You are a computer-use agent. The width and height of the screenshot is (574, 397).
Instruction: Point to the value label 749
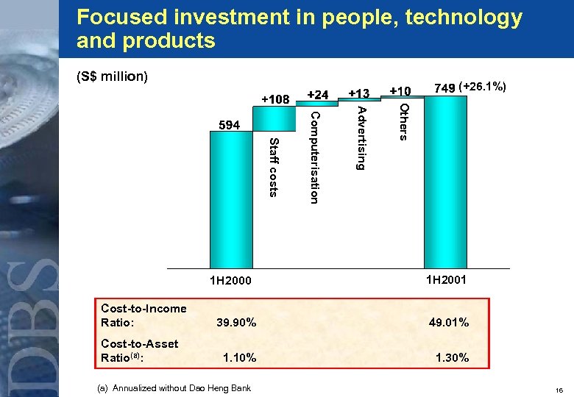click(444, 88)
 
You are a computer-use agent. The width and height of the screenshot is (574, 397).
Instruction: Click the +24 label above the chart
click(318, 94)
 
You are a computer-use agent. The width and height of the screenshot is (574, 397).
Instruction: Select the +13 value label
click(359, 94)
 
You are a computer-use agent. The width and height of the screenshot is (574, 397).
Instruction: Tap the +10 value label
click(400, 91)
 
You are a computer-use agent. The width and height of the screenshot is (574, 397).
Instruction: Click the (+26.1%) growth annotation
click(482, 87)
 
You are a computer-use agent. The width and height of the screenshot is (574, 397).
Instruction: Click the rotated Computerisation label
click(314, 157)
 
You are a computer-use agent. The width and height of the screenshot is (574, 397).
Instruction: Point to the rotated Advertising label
click(361, 138)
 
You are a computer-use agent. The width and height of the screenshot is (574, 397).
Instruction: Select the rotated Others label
click(403, 121)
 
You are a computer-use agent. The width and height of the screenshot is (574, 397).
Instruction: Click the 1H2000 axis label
click(230, 281)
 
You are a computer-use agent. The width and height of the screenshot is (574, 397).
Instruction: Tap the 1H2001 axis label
click(445, 280)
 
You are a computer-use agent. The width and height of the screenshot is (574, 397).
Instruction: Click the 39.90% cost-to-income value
click(236, 323)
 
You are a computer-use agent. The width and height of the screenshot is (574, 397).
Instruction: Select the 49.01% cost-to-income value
click(449, 323)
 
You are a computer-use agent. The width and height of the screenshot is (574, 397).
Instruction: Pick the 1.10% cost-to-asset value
click(239, 358)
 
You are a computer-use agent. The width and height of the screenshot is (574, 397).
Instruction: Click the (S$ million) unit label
click(112, 76)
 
